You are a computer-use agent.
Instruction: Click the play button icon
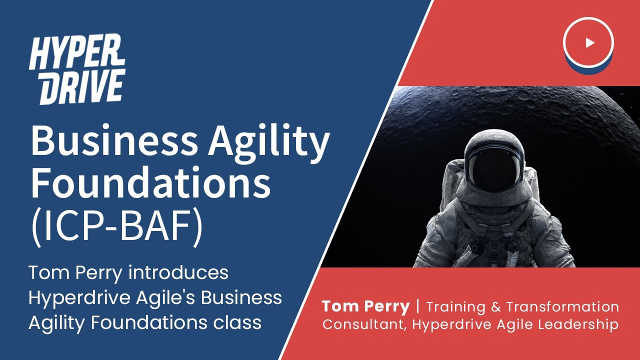[x=588, y=42]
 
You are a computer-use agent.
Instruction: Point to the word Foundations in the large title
[x=150, y=183]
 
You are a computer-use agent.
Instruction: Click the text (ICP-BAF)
[x=116, y=228]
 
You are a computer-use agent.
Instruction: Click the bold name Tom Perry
[x=365, y=306]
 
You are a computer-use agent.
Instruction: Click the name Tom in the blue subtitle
[x=47, y=273]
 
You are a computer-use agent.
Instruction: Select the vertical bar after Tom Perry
[x=418, y=306]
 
